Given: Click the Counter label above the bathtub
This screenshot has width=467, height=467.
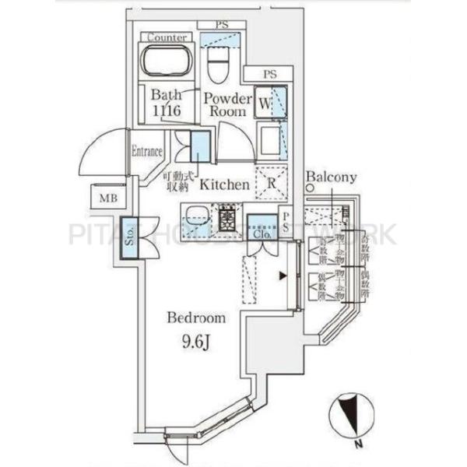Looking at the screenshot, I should click(x=166, y=37).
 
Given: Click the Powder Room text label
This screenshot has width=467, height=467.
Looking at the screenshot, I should click(x=227, y=105).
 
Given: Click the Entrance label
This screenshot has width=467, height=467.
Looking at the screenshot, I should click(x=147, y=152).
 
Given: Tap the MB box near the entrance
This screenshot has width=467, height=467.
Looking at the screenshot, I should click(x=107, y=198).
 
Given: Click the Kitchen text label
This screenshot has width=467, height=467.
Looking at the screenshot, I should click(x=225, y=185).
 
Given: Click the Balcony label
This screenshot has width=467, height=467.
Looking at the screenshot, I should click(x=331, y=177).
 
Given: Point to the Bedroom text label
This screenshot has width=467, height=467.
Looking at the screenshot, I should click(x=198, y=318).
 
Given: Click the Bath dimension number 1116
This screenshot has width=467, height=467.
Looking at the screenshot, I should click(x=167, y=112).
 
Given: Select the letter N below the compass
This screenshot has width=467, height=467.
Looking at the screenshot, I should click(x=357, y=444).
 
